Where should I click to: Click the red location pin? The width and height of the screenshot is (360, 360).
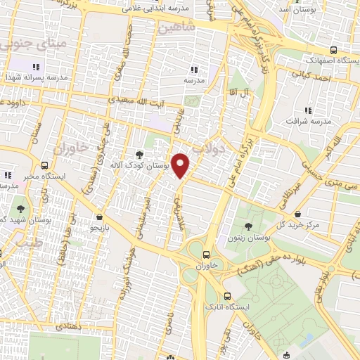click(181, 166)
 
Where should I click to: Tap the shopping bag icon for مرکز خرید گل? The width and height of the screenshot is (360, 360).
click(298, 214)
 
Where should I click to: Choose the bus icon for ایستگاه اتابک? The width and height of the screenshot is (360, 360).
click(226, 296)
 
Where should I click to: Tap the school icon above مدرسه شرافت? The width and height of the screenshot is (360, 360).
click(307, 110)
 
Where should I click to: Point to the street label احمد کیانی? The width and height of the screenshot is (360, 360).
click(312, 75)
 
